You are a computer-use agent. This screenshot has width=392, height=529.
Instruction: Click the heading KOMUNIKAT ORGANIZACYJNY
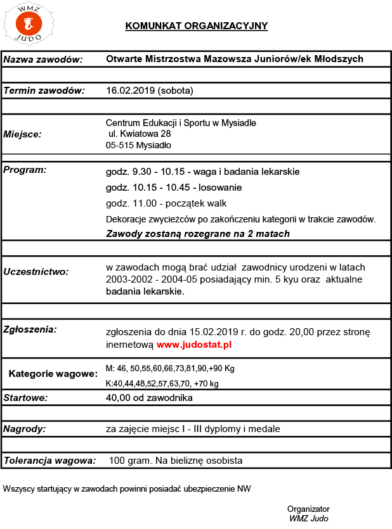[197, 26]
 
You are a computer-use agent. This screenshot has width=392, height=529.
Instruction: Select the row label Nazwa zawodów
[44, 60]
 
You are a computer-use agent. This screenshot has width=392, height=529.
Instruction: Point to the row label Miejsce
[23, 134]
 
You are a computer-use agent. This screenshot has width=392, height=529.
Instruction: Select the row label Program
[25, 170]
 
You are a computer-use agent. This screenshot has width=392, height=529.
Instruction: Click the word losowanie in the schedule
[220, 188]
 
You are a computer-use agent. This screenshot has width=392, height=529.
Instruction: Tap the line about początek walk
[166, 203]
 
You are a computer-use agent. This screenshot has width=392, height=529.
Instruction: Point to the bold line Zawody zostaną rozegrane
[197, 233]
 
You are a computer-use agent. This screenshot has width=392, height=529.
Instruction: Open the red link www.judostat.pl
[194, 345]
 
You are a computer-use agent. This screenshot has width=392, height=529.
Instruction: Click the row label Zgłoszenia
[31, 329]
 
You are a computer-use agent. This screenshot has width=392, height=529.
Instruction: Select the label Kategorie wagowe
[53, 374]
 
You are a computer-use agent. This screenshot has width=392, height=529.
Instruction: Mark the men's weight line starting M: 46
[170, 368]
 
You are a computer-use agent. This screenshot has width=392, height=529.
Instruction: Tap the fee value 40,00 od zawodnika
[149, 398]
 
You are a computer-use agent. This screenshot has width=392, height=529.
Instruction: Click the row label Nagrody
[25, 429]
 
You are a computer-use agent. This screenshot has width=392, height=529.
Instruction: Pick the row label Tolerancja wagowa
[50, 461]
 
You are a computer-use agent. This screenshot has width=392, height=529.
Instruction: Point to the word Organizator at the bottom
[308, 509]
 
